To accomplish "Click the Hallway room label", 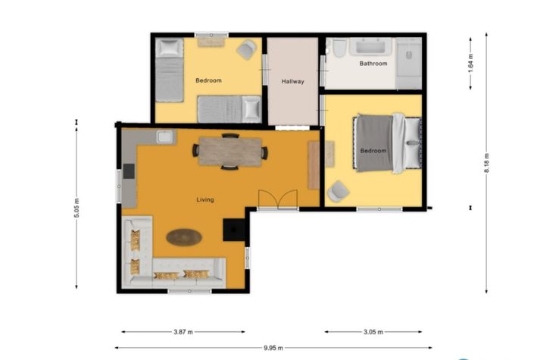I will coord(292,81).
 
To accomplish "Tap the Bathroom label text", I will coord(373,64).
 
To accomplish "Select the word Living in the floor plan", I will coord(205,200).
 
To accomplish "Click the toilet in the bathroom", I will coord(339,51).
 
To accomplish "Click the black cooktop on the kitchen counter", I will coord(128,171).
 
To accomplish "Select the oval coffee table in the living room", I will coord(184,237).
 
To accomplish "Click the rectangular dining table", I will coord(230,151).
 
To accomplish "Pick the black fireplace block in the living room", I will coord(234,229).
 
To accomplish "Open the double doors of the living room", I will coord(276,200).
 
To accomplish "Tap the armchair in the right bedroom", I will coord(338,193).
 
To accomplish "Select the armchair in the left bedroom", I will coord(245,51).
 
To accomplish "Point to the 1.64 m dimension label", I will coord(470,61).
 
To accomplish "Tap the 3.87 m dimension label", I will coord(183,332).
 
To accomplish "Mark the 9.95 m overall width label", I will coord(273,348).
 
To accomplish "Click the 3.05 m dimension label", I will coord(373,332).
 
